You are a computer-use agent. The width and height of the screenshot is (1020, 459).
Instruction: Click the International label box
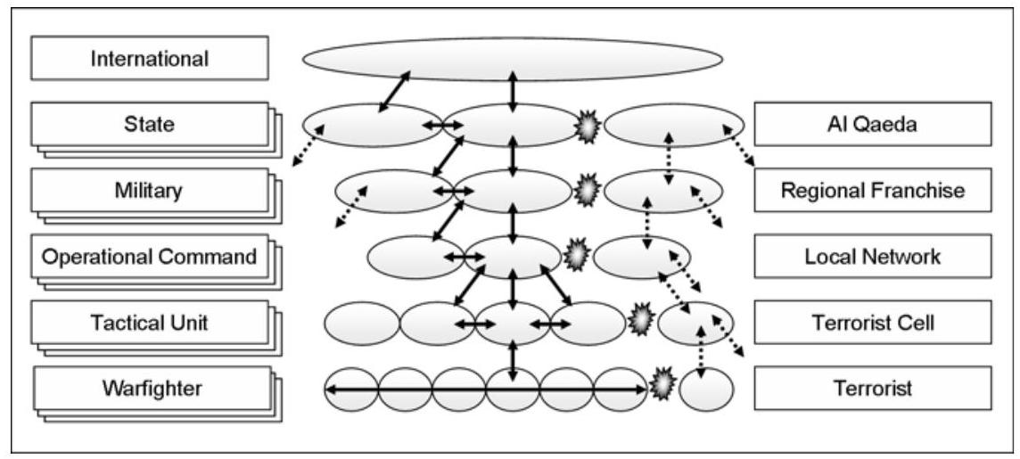[149, 59]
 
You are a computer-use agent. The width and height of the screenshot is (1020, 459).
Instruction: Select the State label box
[149, 124]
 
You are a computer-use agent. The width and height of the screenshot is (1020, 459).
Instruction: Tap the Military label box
[149, 190]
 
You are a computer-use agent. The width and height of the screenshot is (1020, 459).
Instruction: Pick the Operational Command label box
[149, 257]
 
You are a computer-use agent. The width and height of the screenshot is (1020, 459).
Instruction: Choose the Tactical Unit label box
[149, 322]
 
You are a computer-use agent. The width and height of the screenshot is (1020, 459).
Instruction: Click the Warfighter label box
[149, 388]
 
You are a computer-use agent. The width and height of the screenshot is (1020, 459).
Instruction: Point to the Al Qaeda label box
[872, 124]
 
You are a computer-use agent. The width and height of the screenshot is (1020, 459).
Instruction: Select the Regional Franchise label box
[872, 190]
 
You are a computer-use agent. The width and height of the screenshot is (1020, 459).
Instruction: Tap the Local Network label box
[872, 257]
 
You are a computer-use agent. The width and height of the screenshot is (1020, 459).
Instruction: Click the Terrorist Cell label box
[872, 322]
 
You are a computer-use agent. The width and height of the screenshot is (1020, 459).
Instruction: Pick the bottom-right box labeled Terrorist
[872, 389]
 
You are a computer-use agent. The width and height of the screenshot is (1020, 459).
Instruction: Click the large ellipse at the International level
[512, 59]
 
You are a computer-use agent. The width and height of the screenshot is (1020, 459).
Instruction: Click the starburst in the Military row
[585, 191]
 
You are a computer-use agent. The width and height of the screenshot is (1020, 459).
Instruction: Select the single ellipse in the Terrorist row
[706, 389]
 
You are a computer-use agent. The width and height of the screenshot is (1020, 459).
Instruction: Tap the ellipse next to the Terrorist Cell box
[696, 323]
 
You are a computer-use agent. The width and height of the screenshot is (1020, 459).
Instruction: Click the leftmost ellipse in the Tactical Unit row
[361, 324]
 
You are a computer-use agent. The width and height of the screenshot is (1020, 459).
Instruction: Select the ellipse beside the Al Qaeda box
[674, 125]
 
